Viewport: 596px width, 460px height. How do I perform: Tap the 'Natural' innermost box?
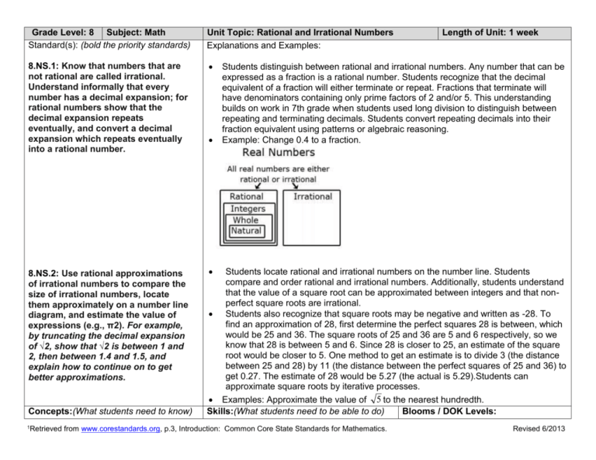tap(246, 230)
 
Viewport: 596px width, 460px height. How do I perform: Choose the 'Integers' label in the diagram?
tap(246, 209)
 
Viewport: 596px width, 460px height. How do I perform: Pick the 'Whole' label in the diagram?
tap(246, 220)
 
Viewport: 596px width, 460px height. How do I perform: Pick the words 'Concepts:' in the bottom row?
tap(29, 432)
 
